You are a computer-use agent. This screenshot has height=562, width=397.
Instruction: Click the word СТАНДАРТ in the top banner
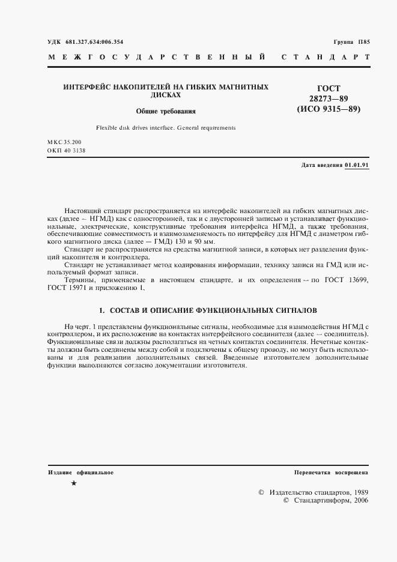point(325,58)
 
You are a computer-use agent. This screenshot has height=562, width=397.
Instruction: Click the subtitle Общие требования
point(166,112)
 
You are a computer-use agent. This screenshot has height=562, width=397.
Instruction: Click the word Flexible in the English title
point(109,128)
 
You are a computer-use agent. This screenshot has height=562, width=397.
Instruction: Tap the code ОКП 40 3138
point(67,151)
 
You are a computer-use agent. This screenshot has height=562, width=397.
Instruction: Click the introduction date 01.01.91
point(357,165)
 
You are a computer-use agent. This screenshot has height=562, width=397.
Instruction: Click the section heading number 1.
point(100,311)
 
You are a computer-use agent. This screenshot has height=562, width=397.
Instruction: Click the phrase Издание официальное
point(81,473)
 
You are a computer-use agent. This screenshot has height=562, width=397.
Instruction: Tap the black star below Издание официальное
point(73,483)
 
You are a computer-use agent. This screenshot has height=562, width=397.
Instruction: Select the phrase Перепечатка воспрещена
point(331,473)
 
